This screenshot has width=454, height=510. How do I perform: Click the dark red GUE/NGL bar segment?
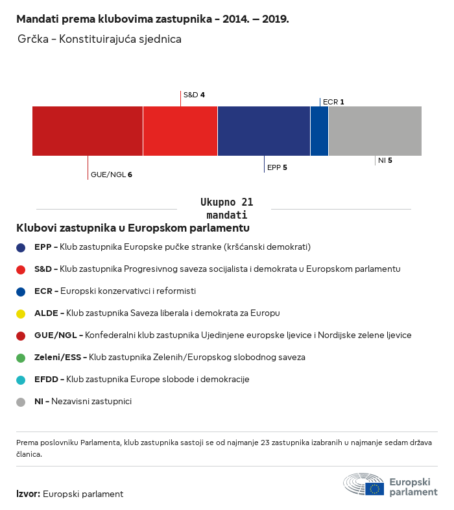pyautogui.click(x=88, y=131)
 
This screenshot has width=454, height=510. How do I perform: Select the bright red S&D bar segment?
pyautogui.click(x=180, y=131)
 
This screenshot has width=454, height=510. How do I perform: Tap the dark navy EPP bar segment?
pyautogui.click(x=264, y=131)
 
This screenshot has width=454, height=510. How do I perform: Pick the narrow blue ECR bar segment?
pyautogui.click(x=319, y=131)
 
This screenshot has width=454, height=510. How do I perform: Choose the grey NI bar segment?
pyautogui.click(x=375, y=131)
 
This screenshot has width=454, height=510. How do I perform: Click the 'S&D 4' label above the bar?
pyautogui.click(x=194, y=95)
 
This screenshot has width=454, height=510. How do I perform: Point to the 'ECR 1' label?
pyautogui.click(x=333, y=102)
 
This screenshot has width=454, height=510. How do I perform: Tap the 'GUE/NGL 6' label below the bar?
pyautogui.click(x=111, y=175)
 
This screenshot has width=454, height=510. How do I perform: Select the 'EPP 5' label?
pyautogui.click(x=277, y=167)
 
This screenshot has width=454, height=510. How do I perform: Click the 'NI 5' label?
pyautogui.click(x=385, y=160)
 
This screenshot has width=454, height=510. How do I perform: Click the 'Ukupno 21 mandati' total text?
pyautogui.click(x=226, y=208)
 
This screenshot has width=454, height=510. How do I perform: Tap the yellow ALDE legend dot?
pyautogui.click(x=21, y=314)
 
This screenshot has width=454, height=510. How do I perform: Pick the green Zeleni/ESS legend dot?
pyautogui.click(x=21, y=358)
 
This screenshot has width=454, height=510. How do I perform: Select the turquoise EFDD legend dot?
pyautogui.click(x=21, y=380)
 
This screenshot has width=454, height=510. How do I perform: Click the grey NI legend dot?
pyautogui.click(x=21, y=402)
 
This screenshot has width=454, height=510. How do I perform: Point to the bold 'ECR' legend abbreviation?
pyautogui.click(x=43, y=291)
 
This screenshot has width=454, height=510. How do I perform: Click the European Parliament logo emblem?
pyautogui.click(x=364, y=484)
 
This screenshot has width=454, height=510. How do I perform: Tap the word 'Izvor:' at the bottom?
pyautogui.click(x=29, y=494)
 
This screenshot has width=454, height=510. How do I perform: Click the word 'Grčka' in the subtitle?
pyautogui.click(x=33, y=39)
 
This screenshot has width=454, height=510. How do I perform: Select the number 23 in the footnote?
pyautogui.click(x=265, y=443)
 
